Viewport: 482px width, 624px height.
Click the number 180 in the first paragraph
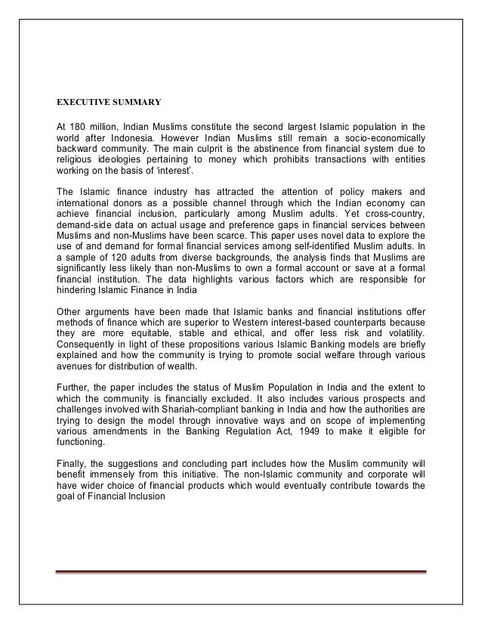[x=82, y=125]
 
